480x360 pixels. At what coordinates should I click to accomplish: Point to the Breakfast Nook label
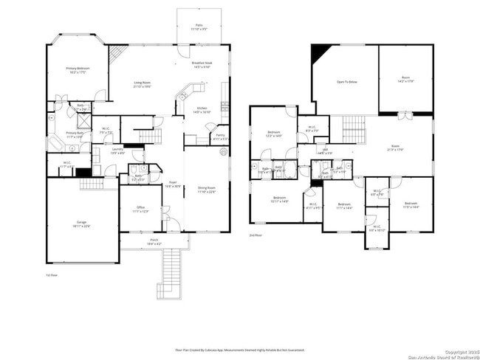coord(202,65)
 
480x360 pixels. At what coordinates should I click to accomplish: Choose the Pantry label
coord(220,136)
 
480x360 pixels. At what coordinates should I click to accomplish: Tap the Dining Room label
coord(206,189)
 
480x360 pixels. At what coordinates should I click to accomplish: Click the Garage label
coord(81,224)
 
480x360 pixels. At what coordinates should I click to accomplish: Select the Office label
coord(141,210)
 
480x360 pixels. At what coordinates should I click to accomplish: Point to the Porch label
coord(154,241)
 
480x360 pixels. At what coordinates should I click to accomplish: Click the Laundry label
coord(118,151)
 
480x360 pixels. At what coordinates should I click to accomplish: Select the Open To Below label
coord(347,82)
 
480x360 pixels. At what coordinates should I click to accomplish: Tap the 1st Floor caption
coord(52,274)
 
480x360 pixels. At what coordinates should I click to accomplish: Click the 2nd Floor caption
coord(256,235)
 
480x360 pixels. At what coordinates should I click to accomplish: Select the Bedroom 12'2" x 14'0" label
coord(273,134)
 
